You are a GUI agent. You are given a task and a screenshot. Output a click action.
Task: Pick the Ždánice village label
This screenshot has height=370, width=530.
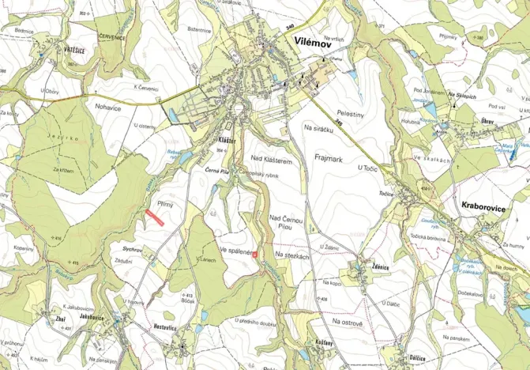click(x=382, y=266)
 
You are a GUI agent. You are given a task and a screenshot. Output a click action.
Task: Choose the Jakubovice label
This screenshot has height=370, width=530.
click(x=92, y=317)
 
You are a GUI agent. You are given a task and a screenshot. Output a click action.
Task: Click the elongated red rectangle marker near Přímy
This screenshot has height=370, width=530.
click(x=155, y=219)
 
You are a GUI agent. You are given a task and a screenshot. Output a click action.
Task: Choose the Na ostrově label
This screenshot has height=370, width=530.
click(x=346, y=323)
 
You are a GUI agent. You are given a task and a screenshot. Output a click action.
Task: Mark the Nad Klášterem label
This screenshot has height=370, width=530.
click(x=272, y=160)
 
